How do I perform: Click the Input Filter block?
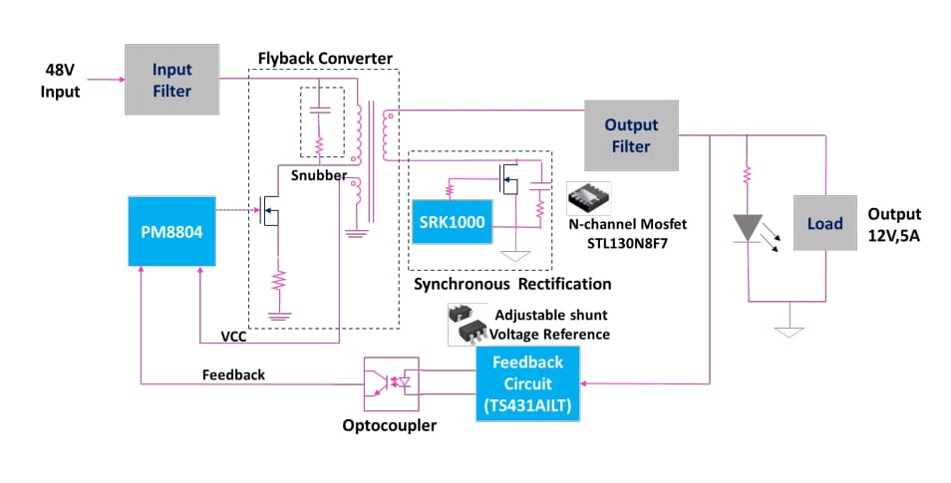click(x=171, y=79)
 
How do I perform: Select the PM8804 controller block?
click(x=172, y=231)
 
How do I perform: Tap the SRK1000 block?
click(x=451, y=221)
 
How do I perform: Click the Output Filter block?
click(x=631, y=135)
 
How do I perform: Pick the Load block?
click(x=825, y=223)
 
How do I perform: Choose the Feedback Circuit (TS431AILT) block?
click(x=526, y=383)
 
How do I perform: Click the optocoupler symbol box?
click(x=391, y=384)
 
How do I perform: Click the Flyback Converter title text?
click(x=326, y=58)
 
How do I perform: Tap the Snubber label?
click(x=318, y=175)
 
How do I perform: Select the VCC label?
click(x=234, y=338)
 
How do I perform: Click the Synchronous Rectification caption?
click(x=512, y=284)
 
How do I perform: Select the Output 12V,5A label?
click(x=894, y=224)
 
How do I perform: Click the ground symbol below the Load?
click(x=789, y=330)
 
